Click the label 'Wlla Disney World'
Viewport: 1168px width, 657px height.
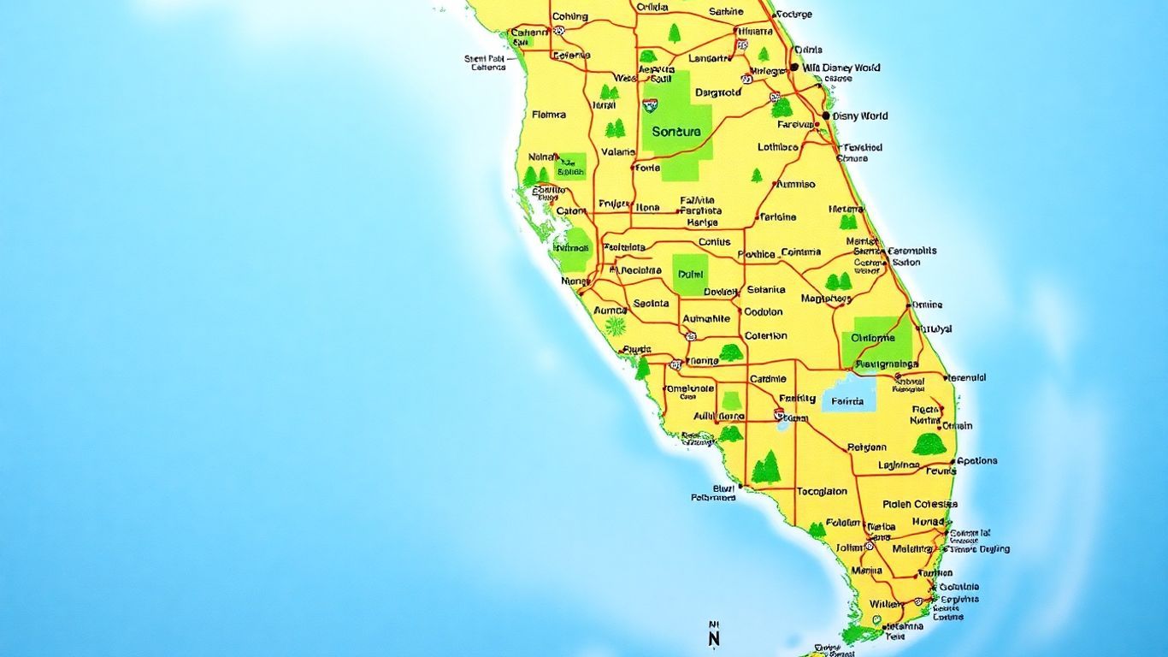[x=841, y=68]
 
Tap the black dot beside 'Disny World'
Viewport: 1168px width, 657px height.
[x=826, y=115]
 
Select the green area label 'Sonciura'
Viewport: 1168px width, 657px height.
[x=675, y=132]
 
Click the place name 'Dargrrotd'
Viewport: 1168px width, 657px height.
[x=718, y=92]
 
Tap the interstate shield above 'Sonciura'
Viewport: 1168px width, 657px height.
[x=651, y=106]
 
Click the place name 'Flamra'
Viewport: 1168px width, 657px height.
[x=548, y=114]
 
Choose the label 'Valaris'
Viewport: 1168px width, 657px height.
[x=618, y=152]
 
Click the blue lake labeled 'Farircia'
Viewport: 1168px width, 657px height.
[x=847, y=400]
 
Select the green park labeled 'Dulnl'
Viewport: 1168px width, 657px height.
[x=689, y=275]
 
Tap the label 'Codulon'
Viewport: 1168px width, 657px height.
[x=764, y=312]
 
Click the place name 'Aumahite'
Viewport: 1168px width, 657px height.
[x=707, y=318]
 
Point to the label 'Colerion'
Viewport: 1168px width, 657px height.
[x=765, y=336]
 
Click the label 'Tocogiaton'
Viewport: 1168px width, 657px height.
[x=822, y=491]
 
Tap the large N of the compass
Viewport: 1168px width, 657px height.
[x=715, y=638]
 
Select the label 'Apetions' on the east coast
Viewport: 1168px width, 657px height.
[x=976, y=460]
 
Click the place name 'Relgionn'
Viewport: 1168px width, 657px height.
[x=867, y=447]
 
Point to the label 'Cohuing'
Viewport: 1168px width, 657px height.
[x=569, y=16]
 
